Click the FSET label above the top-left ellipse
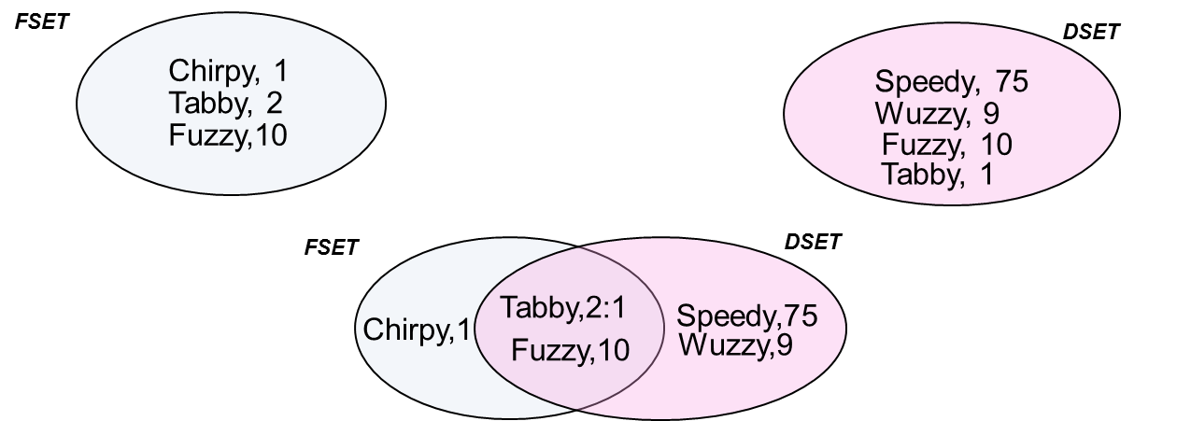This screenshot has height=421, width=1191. (x=42, y=21)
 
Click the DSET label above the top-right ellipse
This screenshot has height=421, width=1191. (x=1091, y=33)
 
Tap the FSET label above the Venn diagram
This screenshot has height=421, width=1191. (x=332, y=248)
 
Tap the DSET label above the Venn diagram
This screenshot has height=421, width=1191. (x=813, y=242)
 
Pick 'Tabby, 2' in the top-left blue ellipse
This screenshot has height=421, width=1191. (x=226, y=102)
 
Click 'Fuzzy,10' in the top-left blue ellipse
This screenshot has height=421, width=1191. (x=228, y=134)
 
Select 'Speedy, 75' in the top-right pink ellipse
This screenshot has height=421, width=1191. (x=951, y=82)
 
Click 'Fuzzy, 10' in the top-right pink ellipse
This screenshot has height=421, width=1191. (x=947, y=145)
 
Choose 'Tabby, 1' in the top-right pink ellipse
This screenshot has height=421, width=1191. (x=938, y=174)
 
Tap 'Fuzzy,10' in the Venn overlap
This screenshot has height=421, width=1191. (x=571, y=350)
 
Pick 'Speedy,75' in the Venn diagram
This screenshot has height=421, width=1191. (x=747, y=316)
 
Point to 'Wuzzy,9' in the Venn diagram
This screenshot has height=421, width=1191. (x=736, y=345)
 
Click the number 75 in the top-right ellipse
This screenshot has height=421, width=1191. (x=1012, y=82)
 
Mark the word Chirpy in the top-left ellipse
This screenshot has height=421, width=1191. (x=209, y=71)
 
